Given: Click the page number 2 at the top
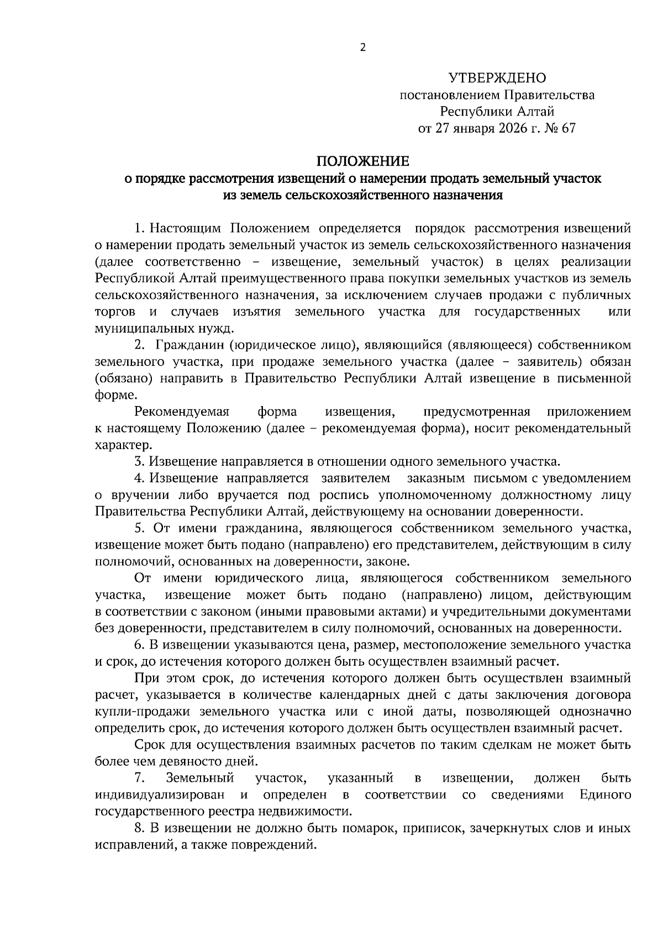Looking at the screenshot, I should point(362,48).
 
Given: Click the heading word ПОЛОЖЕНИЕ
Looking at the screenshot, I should point(362,161).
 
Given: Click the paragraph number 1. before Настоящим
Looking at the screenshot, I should point(139,228).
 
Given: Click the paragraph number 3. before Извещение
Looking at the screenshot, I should point(139,461).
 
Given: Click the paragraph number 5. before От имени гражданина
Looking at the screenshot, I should point(139,528).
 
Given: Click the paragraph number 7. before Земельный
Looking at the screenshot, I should point(139,778).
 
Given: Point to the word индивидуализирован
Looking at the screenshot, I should point(160,795).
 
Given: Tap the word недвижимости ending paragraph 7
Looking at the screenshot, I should point(311,811).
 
